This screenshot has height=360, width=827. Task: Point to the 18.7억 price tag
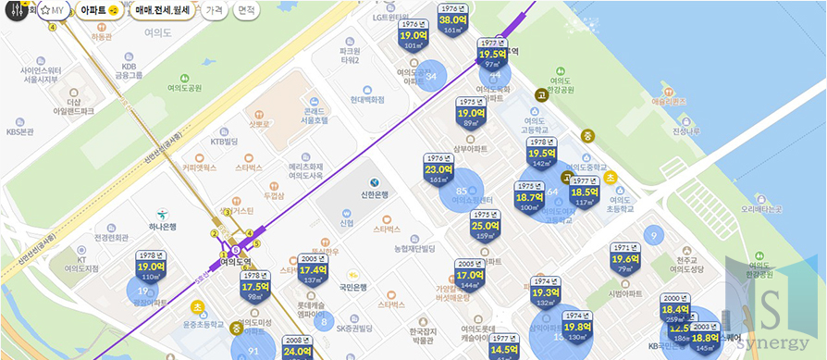[529, 197]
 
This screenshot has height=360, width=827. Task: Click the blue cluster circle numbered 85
[461, 192]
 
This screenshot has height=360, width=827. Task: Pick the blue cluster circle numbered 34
[431, 76]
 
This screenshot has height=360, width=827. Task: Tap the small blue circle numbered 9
[653, 237]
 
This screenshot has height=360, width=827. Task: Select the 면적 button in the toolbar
[245, 10]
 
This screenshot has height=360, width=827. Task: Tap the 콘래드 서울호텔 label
[315, 115]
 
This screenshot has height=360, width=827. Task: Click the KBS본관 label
[19, 131]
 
